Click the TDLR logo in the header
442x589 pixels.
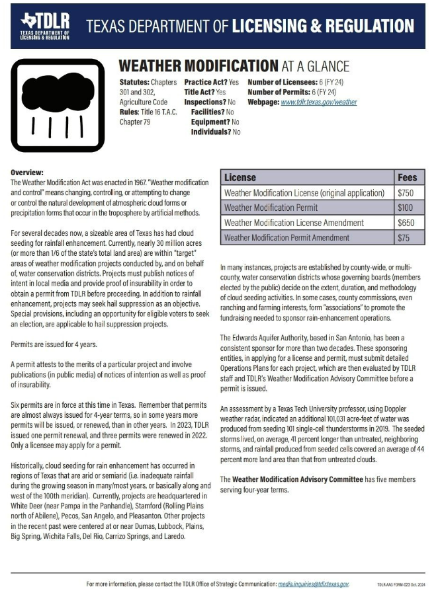tap(46, 26)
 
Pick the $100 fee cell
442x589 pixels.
tap(406, 208)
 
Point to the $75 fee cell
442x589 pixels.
tap(404, 237)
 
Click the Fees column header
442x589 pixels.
tap(407, 178)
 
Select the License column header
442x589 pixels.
tap(240, 178)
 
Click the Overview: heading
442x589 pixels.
tap(27, 171)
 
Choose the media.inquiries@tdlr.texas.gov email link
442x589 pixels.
tap(312, 584)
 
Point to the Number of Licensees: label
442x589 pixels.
tap(281, 82)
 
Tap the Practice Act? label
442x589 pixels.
tap(206, 82)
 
